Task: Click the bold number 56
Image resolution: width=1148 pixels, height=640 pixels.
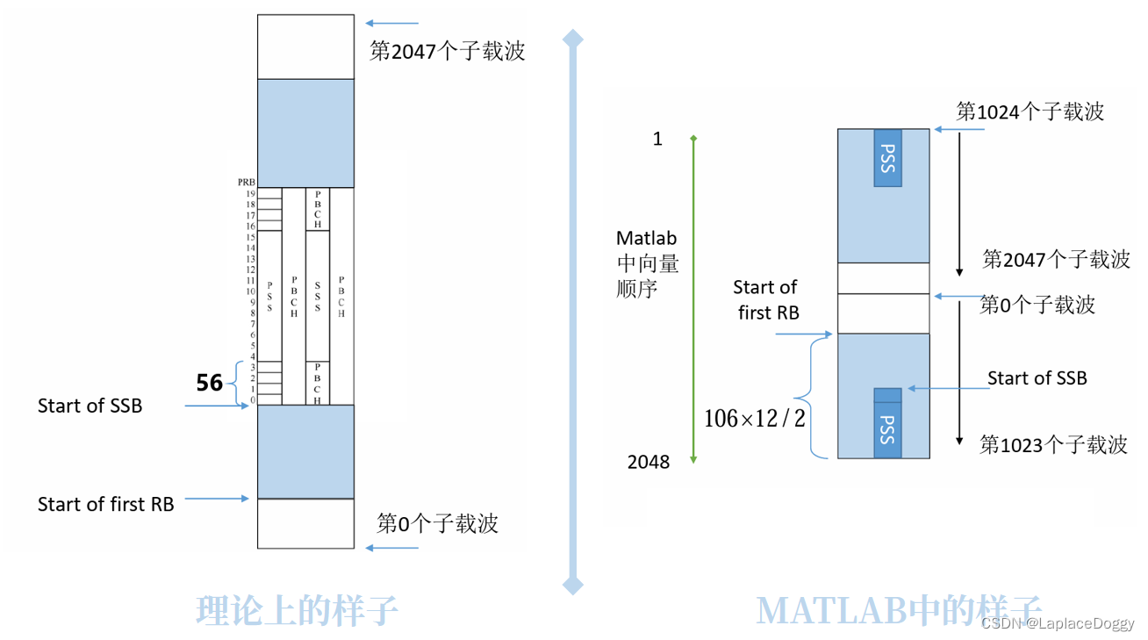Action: click(x=209, y=382)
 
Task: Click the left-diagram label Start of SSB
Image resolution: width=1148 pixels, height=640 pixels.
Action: click(x=90, y=406)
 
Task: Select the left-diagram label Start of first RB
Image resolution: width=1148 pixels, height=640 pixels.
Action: click(x=105, y=504)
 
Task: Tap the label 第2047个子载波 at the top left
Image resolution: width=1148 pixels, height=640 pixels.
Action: click(x=447, y=51)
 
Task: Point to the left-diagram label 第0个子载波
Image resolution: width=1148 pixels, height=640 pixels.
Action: click(x=437, y=524)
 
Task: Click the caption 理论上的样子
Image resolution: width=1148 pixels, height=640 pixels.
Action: click(x=298, y=610)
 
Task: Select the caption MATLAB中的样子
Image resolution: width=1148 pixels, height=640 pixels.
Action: click(x=899, y=610)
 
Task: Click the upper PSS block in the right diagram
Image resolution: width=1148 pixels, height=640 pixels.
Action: click(x=887, y=158)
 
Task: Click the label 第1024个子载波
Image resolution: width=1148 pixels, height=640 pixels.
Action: click(x=1030, y=111)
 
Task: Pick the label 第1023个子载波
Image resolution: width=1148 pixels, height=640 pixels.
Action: click(x=1053, y=445)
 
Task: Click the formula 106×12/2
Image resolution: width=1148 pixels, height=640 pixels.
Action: click(x=754, y=419)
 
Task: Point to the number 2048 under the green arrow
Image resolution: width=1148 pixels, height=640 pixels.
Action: click(x=649, y=462)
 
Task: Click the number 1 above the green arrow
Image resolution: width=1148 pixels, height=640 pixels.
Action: click(x=657, y=139)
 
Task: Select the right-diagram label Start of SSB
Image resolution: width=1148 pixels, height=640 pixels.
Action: click(x=1037, y=378)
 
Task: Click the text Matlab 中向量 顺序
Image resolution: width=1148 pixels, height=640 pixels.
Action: click(x=647, y=262)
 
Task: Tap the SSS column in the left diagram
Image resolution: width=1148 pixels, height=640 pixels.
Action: click(x=317, y=296)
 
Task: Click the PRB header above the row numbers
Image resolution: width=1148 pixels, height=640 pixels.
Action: click(x=246, y=183)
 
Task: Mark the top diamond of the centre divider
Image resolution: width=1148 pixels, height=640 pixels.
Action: click(x=572, y=38)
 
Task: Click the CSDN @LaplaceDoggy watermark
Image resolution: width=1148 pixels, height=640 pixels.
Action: click(x=1057, y=622)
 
